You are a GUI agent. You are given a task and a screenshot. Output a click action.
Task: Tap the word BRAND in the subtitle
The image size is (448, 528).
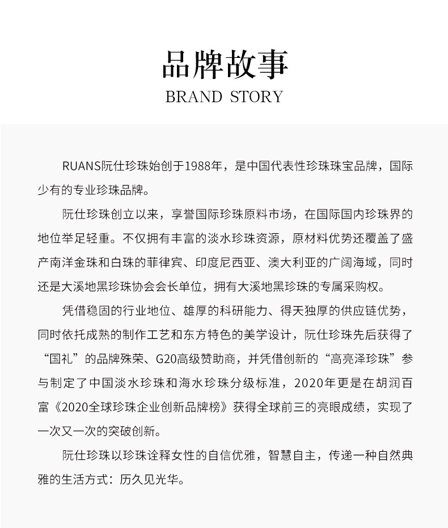point(193,97)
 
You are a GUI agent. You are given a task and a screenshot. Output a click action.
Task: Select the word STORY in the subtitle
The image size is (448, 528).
point(256,97)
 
